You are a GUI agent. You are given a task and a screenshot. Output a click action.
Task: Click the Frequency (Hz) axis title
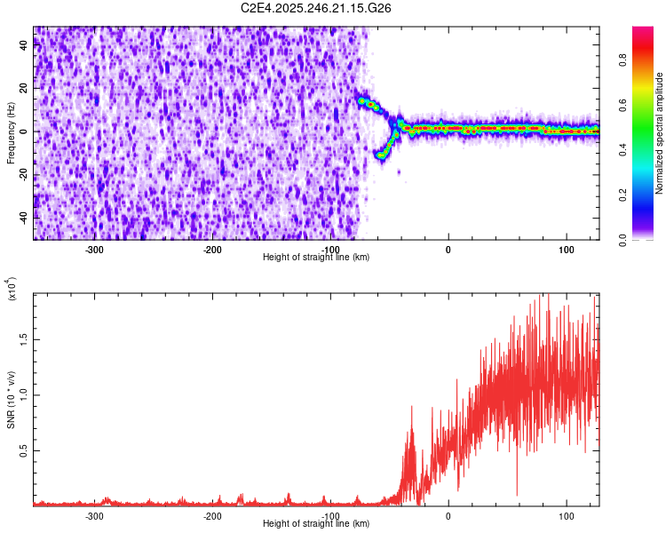pyautogui.click(x=11, y=132)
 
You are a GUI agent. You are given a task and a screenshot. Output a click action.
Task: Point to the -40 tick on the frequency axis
pyautogui.click(x=25, y=216)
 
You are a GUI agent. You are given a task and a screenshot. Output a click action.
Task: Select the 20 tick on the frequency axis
pyautogui.click(x=25, y=89)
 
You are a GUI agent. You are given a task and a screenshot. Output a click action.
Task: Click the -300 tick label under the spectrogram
pyautogui.click(x=95, y=249)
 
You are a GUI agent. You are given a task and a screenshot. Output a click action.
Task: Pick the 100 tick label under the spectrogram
pyautogui.click(x=566, y=249)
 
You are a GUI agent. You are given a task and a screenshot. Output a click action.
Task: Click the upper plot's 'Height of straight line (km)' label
pyautogui.click(x=317, y=258)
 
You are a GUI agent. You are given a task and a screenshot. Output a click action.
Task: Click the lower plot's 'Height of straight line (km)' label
pyautogui.click(x=317, y=524)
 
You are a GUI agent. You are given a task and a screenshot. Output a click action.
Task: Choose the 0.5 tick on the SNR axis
pyautogui.click(x=25, y=450)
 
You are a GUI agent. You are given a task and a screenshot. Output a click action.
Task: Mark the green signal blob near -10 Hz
pyautogui.click(x=383, y=154)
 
